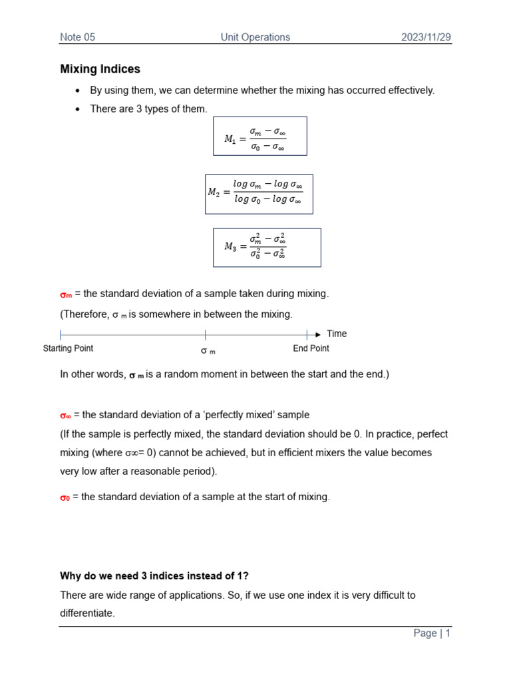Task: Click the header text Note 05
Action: [x=78, y=37]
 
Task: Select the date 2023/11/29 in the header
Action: [x=426, y=37]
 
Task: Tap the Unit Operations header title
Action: [x=255, y=37]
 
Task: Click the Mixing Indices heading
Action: [x=100, y=69]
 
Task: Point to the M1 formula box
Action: [x=259, y=137]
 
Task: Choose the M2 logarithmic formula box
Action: [x=259, y=194]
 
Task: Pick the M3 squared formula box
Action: [x=267, y=248]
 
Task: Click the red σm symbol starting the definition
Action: [x=66, y=294]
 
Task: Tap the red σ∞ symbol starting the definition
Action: [x=65, y=416]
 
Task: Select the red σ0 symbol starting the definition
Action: [x=65, y=498]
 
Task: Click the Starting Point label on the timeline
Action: [x=68, y=348]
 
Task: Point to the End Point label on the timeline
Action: [x=311, y=348]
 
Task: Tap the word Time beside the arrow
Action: [x=337, y=334]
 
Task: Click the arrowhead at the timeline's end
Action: [x=317, y=334]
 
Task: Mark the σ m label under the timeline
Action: [x=208, y=350]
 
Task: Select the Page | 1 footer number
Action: [x=432, y=633]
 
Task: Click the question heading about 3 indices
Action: [x=162, y=576]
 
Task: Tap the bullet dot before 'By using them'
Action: [x=78, y=91]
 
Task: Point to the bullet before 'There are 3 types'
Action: [x=78, y=109]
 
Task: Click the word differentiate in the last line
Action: [x=87, y=613]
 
